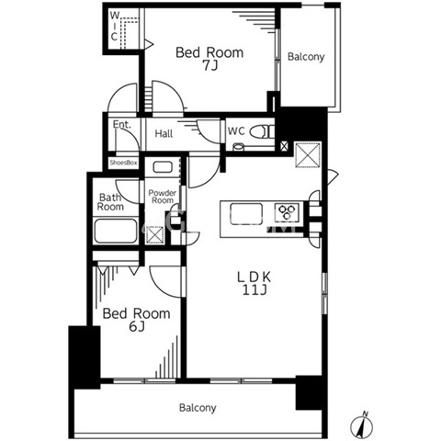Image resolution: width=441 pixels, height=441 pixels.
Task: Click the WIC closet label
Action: (114, 26)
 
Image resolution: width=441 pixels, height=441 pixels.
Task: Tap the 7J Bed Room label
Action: (209, 59)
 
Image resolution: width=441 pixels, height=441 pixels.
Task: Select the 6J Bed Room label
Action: (136, 320)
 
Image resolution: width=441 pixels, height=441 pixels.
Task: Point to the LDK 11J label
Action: (254, 283)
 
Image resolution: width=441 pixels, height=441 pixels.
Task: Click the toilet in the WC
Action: (262, 132)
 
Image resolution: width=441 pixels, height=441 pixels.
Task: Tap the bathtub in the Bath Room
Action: (115, 232)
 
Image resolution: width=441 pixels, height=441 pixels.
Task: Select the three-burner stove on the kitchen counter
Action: (287, 212)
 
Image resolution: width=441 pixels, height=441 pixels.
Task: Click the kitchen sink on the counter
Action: (246, 214)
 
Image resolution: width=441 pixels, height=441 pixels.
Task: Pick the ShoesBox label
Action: (123, 163)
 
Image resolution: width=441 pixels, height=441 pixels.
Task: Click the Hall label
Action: (164, 133)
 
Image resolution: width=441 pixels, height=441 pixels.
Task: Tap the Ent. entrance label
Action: (122, 124)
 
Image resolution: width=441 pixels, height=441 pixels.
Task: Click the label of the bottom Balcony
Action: (198, 408)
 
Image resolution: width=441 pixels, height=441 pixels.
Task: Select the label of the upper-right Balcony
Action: (306, 57)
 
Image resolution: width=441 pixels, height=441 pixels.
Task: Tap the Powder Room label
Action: (163, 197)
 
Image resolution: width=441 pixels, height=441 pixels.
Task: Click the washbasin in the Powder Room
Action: (163, 167)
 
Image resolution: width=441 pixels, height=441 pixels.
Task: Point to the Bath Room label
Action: (110, 202)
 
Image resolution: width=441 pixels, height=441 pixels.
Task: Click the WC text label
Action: (236, 131)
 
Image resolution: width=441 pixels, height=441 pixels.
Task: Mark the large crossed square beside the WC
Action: (308, 154)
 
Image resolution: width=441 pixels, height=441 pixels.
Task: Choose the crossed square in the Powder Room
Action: (155, 235)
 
